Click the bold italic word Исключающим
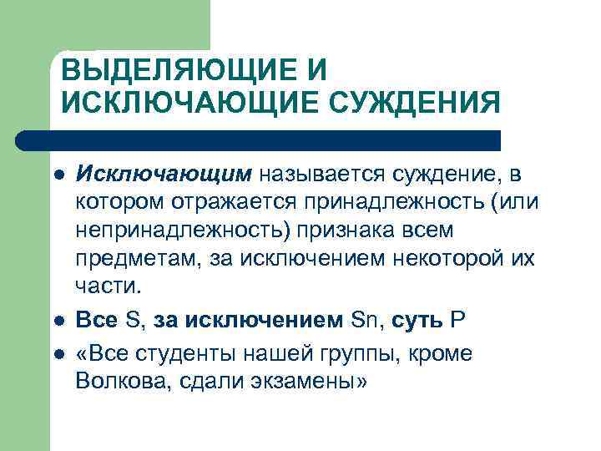point(164,174)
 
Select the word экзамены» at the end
point(321,381)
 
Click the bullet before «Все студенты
point(58,355)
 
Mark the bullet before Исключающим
point(58,175)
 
